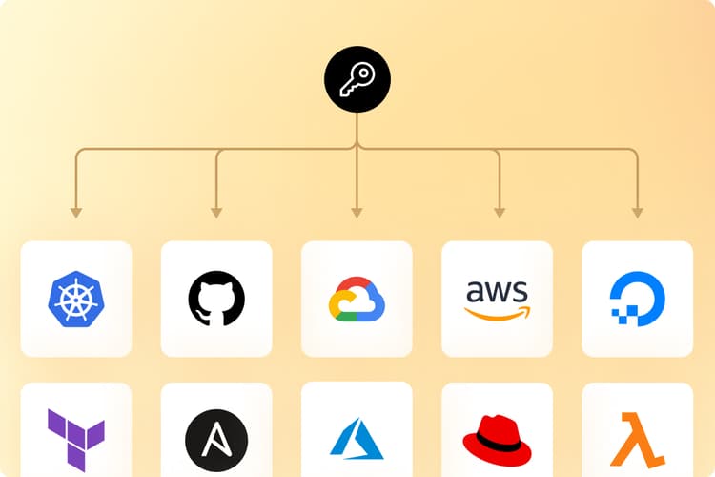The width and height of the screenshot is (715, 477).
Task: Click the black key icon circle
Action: click(x=357, y=79)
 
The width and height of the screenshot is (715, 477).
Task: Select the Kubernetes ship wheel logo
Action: click(x=76, y=299)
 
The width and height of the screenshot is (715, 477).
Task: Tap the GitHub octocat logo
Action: click(x=216, y=299)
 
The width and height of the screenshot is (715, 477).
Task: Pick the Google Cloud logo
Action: click(x=357, y=299)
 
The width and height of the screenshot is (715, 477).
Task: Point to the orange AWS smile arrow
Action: click(x=498, y=314)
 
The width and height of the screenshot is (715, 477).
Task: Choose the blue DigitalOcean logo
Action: click(x=638, y=299)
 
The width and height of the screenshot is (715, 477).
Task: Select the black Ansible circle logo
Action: click(x=216, y=441)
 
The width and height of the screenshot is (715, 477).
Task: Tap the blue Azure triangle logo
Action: click(x=357, y=439)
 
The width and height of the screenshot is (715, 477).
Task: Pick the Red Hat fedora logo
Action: click(x=497, y=441)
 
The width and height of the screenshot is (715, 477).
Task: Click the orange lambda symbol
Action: click(x=638, y=440)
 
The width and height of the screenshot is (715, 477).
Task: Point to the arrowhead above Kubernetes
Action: click(x=76, y=213)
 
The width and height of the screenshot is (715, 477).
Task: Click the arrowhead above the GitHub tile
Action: click(x=216, y=213)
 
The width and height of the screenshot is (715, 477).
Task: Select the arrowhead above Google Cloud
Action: click(x=357, y=213)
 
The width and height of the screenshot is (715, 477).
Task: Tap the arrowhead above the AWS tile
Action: click(x=500, y=213)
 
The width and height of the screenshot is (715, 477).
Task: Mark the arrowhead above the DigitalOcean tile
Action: click(x=638, y=213)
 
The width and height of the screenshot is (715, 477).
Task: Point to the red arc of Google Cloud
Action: click(x=355, y=283)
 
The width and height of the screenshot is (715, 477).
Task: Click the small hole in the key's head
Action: click(x=363, y=73)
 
